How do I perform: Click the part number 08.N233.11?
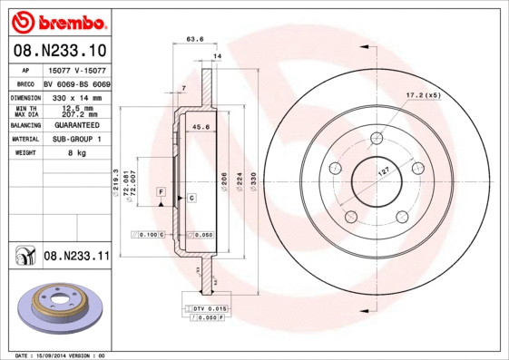tap(76, 258)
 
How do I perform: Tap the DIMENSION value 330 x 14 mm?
tap(76, 97)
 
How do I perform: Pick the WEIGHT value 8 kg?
tap(76, 153)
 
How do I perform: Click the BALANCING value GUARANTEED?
tap(76, 125)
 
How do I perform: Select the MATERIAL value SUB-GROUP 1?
tap(76, 139)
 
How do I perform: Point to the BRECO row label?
tap(25, 83)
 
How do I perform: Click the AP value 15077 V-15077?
tap(76, 70)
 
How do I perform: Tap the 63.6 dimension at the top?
tap(193, 39)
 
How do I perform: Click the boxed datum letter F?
tap(160, 192)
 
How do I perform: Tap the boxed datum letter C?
tap(191, 197)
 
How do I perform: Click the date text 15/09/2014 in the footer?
tap(54, 355)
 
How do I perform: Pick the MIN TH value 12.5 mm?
tap(76, 108)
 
